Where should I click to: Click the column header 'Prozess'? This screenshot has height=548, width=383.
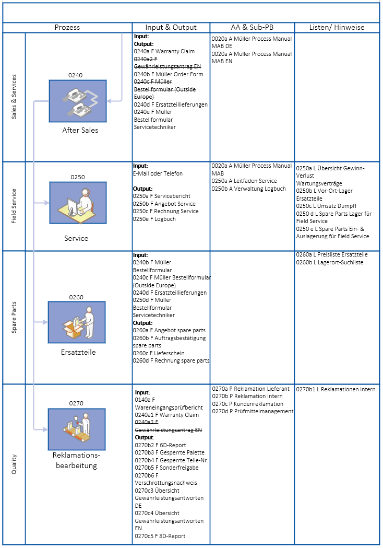(x=67, y=27)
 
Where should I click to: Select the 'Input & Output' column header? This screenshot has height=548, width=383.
(x=171, y=27)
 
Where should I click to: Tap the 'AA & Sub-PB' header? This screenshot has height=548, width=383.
(x=252, y=27)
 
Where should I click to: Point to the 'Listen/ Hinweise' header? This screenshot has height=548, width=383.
(x=337, y=27)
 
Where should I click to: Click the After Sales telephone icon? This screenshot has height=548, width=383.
(x=78, y=101)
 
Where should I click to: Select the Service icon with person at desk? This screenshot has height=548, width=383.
(x=78, y=203)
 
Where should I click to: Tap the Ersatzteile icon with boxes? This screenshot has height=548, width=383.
(x=77, y=322)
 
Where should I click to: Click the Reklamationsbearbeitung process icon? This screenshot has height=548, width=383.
(x=77, y=428)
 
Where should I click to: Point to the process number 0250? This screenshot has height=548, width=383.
(x=78, y=177)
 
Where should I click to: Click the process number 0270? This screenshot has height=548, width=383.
(x=76, y=403)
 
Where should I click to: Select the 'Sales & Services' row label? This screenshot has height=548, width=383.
(x=14, y=97)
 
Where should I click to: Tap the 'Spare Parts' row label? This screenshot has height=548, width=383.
(x=14, y=317)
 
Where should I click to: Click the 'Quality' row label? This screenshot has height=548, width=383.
(x=14, y=464)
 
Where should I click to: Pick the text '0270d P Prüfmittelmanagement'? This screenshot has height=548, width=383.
(x=253, y=412)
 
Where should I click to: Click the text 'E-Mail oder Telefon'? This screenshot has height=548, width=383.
(x=158, y=173)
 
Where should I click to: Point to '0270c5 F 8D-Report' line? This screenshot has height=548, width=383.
(x=160, y=536)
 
